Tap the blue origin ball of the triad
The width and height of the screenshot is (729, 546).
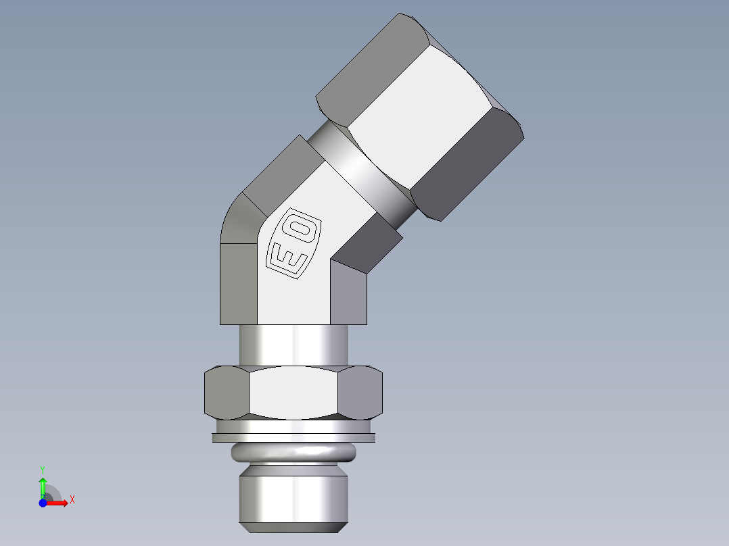(43, 502)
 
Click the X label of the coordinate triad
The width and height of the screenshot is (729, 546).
(72, 500)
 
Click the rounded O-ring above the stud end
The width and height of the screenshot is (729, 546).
(293, 453)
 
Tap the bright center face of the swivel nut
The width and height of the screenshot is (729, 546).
(419, 115)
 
